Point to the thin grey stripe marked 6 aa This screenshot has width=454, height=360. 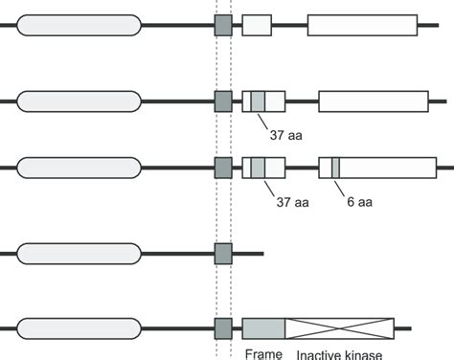(334, 168)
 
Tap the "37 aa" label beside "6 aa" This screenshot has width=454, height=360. (291, 202)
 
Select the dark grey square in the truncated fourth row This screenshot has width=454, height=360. (223, 254)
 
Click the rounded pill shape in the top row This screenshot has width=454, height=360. (79, 26)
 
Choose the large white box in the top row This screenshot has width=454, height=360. (362, 26)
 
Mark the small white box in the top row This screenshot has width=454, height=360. (257, 26)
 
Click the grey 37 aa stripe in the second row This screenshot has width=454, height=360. (258, 101)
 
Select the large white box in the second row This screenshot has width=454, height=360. (373, 101)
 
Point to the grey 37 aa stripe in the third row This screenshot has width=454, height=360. (258, 168)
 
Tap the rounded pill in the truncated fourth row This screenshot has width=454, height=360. (79, 254)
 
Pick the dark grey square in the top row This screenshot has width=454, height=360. (223, 26)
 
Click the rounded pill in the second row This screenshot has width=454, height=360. (79, 101)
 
